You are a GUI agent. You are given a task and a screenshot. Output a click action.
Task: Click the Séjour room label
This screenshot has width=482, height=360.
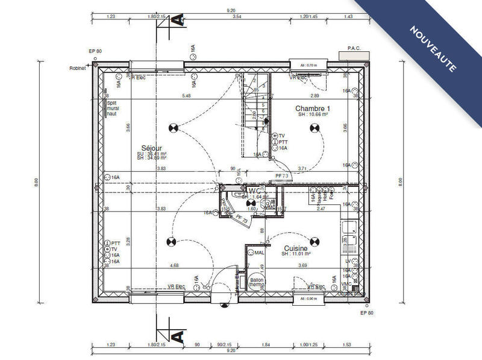coord(152,148)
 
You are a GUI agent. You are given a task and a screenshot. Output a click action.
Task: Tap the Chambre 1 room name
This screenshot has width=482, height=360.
coord(312,109)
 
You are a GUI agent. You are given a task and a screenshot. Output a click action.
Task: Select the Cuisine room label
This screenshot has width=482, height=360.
coord(296,248)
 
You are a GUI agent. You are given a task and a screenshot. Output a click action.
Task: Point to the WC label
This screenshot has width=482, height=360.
coord(254,191)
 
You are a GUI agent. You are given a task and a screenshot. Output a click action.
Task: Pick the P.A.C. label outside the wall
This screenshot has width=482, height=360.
coord(353,48)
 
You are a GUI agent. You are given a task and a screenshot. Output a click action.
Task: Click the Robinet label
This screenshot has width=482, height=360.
coord(78,68)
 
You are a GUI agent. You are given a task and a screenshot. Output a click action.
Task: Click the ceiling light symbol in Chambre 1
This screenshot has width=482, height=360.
coord(313,127)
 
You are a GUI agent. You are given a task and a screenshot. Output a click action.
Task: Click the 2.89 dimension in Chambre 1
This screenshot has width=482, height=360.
coord(315,96)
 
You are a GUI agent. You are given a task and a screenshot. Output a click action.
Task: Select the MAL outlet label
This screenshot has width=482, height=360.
coord(260,253)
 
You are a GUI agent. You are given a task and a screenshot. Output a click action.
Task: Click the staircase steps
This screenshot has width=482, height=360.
coord(254,118)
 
